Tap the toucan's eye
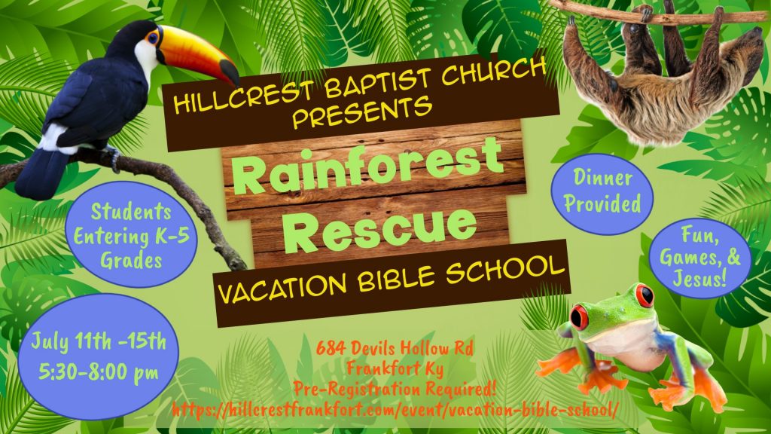(153, 36)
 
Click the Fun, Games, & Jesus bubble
(700, 256)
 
